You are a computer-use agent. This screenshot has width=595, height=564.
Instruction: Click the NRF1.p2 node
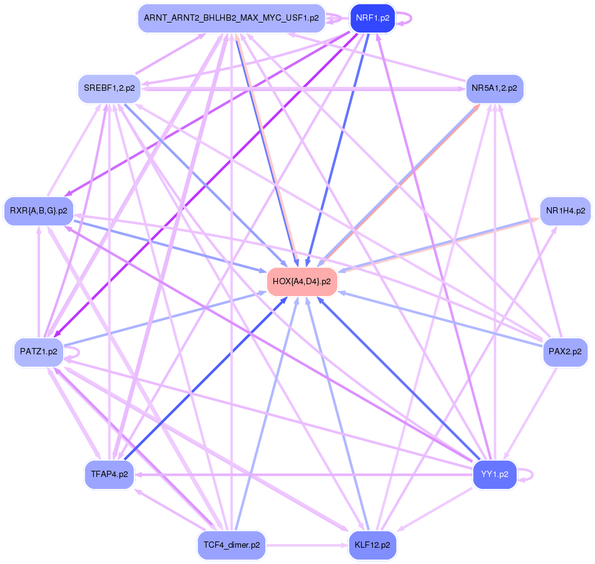(x=373, y=18)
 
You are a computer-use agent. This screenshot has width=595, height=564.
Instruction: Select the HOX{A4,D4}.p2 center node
(x=302, y=282)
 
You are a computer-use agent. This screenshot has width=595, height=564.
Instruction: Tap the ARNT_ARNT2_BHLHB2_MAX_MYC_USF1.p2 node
(x=231, y=18)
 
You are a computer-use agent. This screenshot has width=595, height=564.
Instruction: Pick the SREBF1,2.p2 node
(x=109, y=88)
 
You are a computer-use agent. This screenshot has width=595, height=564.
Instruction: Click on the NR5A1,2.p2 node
(x=494, y=88)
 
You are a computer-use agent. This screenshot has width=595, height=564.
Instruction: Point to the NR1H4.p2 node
(x=565, y=210)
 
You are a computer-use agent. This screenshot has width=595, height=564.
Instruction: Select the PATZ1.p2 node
(x=39, y=352)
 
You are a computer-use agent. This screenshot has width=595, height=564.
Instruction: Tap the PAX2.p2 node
(x=565, y=352)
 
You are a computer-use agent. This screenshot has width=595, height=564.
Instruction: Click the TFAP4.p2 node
(x=109, y=474)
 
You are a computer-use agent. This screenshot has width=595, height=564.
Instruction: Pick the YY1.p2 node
(x=495, y=474)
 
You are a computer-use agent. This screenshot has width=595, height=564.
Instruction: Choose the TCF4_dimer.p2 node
(x=231, y=545)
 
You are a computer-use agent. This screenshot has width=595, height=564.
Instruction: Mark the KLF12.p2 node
(x=373, y=545)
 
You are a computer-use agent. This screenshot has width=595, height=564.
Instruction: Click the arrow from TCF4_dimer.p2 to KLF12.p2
(x=307, y=545)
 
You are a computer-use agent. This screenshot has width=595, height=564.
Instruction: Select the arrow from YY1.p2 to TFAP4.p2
(x=300, y=475)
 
